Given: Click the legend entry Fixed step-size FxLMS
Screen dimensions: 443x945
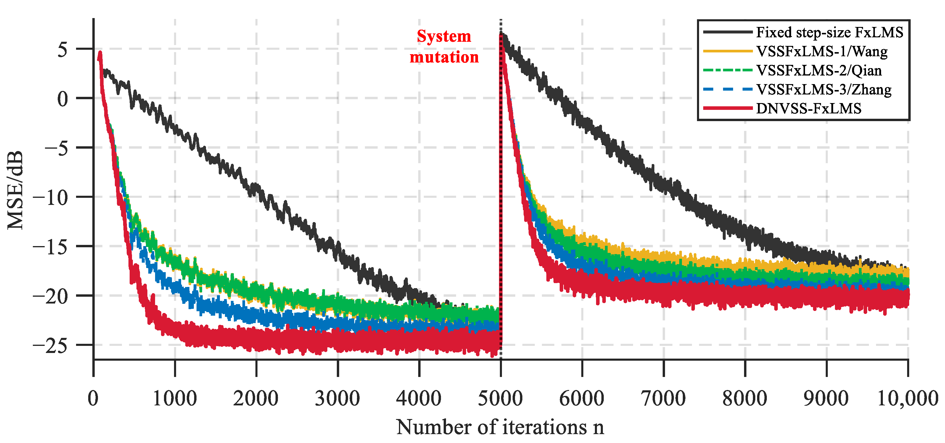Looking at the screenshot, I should (x=829, y=33).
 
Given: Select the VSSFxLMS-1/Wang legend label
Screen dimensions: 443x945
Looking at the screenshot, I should (x=822, y=52).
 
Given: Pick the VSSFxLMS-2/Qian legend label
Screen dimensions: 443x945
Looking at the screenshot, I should (x=819, y=70).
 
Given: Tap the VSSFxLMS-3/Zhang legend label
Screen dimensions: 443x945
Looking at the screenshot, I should (x=824, y=89).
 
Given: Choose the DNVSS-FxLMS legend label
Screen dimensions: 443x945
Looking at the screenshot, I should (x=809, y=109).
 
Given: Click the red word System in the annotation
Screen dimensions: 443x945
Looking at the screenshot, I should (x=444, y=36).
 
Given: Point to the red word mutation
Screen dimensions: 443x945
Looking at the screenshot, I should (x=444, y=57).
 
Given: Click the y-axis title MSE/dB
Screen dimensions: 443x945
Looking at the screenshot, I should (x=15, y=190).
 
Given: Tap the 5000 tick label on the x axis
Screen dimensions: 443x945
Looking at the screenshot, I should (x=500, y=398).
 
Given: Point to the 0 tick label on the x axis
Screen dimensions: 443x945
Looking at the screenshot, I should (x=93, y=398).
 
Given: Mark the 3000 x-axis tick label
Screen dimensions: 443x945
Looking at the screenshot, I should (x=337, y=398).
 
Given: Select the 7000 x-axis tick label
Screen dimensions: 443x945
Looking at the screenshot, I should (x=663, y=398).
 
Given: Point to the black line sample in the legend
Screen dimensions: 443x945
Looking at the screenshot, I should (x=727, y=32).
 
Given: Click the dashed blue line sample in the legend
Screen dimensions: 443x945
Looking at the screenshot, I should (x=727, y=89).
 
